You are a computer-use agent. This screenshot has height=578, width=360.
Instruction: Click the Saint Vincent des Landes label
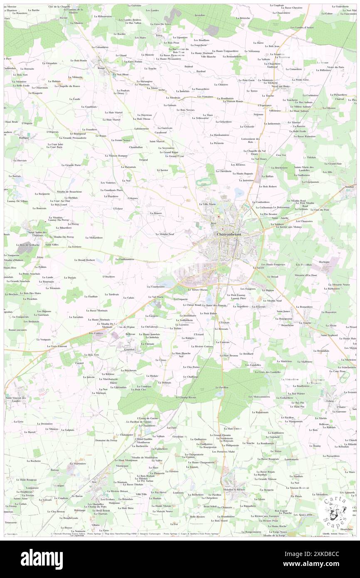15,399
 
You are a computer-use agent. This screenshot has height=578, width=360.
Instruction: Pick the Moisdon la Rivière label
234,489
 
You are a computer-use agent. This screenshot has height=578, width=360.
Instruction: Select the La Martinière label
77,463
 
